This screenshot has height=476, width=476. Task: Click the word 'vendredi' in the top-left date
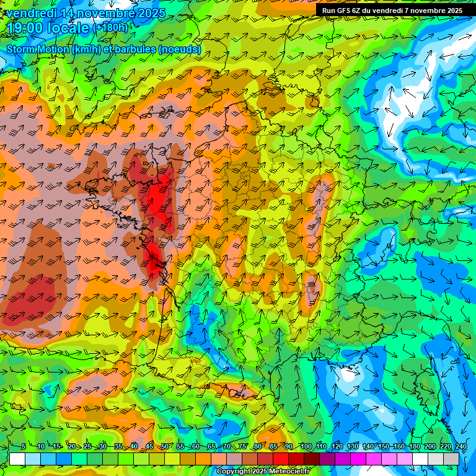(x=30, y=13)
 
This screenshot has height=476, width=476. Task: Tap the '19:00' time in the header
(x=25, y=28)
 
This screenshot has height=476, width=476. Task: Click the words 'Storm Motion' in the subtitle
(x=37, y=49)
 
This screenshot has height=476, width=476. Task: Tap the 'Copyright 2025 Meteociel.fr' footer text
(x=263, y=472)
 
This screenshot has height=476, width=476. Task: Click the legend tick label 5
(x=24, y=447)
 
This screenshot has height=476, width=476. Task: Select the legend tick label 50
(x=165, y=447)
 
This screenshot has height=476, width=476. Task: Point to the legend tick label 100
(x=306, y=447)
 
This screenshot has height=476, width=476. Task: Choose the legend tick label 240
(x=461, y=447)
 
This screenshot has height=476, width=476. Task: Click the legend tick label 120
(x=337, y=447)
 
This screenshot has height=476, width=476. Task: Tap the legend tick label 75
(x=242, y=447)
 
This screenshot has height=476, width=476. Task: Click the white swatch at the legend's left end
(x=17, y=459)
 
